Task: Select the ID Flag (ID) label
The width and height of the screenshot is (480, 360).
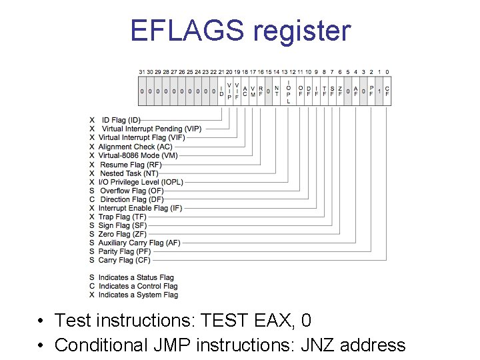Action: [121, 120]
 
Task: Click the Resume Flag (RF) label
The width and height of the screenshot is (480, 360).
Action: [131, 164]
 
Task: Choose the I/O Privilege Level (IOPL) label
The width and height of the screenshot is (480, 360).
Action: [141, 182]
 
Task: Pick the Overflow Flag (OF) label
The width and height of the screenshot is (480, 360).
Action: [131, 191]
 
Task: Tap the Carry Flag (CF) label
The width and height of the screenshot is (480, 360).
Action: [125, 261]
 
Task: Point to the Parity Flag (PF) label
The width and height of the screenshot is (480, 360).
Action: [124, 252]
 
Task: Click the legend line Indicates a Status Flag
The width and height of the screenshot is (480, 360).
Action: [136, 277]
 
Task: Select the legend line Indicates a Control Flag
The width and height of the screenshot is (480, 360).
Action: [138, 286]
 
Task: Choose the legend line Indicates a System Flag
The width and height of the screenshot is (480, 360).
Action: [138, 295]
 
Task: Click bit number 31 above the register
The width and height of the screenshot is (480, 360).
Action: [142, 72]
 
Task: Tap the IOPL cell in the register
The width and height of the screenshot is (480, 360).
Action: [288, 91]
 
